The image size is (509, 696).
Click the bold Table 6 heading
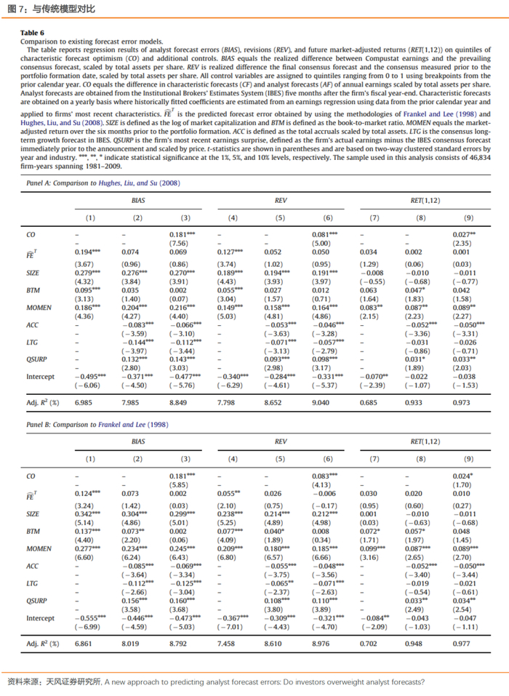[x=33, y=33]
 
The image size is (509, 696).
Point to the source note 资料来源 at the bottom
[x=215, y=682]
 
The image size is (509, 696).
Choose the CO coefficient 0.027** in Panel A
[x=464, y=234]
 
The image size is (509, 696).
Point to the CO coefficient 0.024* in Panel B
[x=464, y=476]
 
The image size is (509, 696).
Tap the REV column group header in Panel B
[x=281, y=441]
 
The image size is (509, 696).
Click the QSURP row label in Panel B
[x=36, y=601]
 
